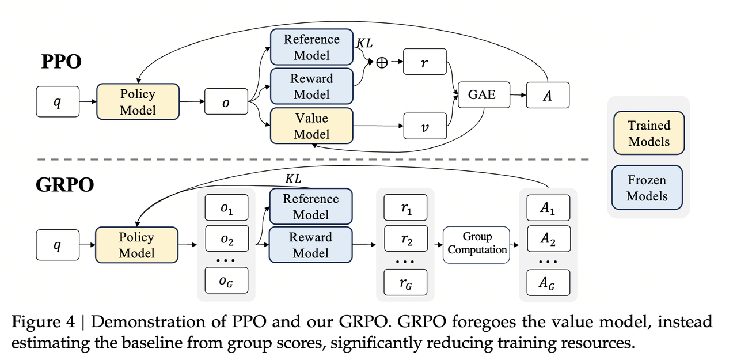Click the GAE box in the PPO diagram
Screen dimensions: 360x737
click(x=482, y=94)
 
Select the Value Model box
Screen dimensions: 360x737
click(x=311, y=126)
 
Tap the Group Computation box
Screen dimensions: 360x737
click(x=477, y=244)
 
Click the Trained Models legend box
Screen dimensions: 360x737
click(x=649, y=133)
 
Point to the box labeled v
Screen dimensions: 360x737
click(x=425, y=126)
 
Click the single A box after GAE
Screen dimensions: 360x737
click(x=548, y=95)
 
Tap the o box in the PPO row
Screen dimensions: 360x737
click(x=225, y=102)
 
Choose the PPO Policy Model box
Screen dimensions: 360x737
click(x=138, y=102)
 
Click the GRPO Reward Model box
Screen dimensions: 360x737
click(x=310, y=245)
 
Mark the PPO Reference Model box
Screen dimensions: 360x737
click(x=311, y=47)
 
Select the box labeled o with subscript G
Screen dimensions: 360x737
click(x=226, y=282)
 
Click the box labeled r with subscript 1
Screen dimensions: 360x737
click(x=405, y=207)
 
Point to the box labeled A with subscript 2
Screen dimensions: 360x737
click(x=548, y=239)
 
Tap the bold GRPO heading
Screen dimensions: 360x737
click(x=65, y=185)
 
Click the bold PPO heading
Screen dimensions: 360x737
click(x=62, y=61)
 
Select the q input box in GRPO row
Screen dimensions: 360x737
click(x=57, y=245)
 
